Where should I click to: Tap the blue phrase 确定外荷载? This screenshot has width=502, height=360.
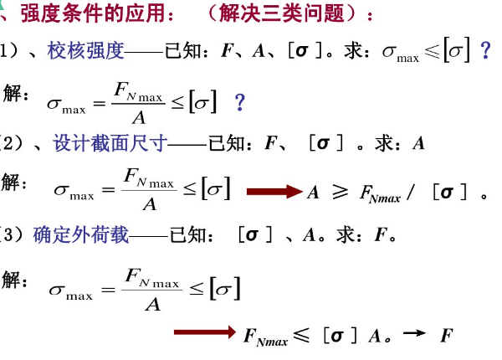tap(81, 235)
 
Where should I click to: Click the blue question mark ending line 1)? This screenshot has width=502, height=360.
tap(484, 51)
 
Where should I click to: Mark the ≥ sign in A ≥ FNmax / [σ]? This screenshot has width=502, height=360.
tap(339, 193)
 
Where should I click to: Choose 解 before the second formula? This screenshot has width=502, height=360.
tap(17, 183)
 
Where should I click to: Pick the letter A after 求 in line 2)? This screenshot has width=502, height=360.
tap(418, 143)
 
